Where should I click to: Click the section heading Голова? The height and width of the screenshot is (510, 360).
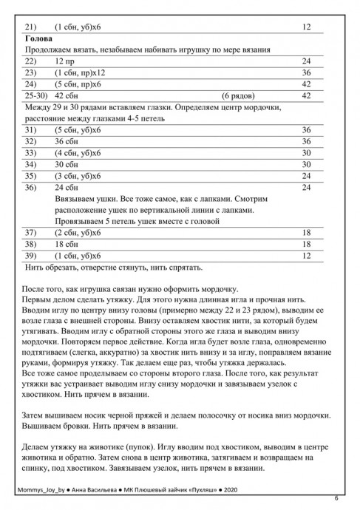(x=38, y=38)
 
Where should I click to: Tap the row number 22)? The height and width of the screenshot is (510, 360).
(x=31, y=61)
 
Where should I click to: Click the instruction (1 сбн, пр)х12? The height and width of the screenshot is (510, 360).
(x=81, y=72)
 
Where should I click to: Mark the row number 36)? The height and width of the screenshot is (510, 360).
(x=31, y=188)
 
